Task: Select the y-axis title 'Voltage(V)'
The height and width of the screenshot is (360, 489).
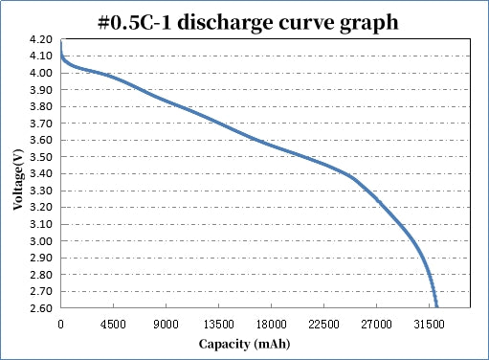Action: coord(18,174)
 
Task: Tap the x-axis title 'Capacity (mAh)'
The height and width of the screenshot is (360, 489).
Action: coord(245,343)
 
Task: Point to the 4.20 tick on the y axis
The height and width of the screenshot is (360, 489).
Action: coord(41,39)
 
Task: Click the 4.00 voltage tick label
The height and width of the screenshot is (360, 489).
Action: coord(41,73)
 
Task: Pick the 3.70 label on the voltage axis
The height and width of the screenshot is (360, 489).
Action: coord(41,124)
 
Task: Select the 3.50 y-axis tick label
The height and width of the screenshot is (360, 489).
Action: coord(41,157)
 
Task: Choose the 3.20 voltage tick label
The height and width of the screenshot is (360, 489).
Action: coord(41,208)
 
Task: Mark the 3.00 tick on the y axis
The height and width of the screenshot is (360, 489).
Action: coord(41,241)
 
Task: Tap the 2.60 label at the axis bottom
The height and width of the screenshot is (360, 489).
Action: coord(41,308)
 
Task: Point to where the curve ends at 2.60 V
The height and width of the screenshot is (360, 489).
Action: coord(436,306)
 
